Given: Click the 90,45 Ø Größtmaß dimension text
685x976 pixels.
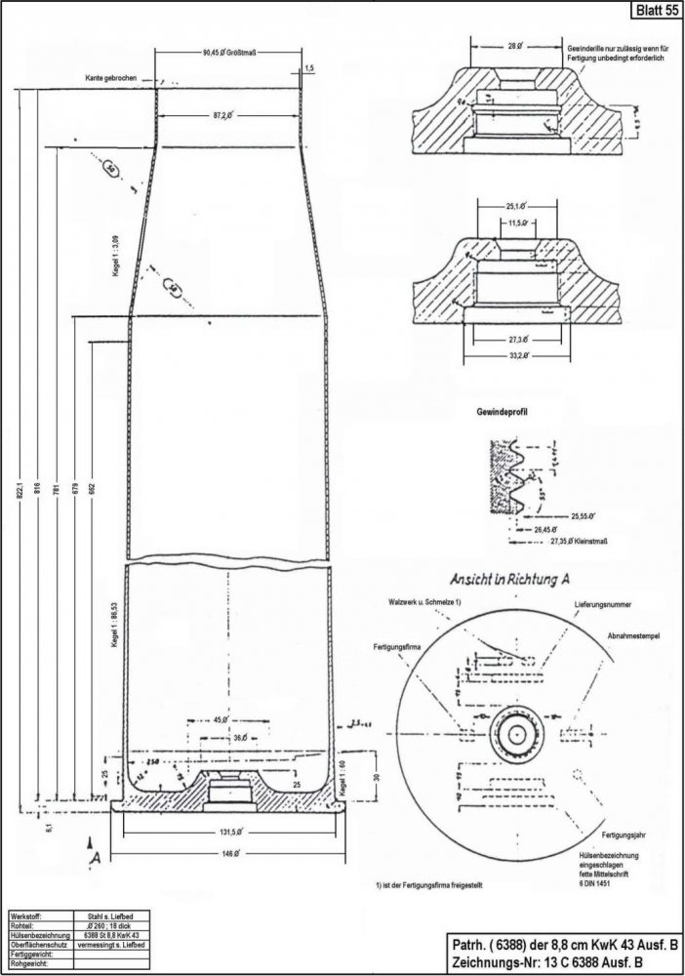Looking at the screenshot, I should (x=230, y=52).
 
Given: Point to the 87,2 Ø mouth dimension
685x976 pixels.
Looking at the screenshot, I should (x=229, y=116).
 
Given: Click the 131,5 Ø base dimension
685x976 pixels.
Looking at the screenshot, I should (x=229, y=833).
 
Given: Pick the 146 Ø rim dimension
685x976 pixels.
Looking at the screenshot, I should (x=229, y=852).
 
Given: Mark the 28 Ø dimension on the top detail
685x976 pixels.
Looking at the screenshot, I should (x=517, y=46).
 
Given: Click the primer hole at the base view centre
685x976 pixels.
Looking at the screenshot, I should (x=514, y=731).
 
